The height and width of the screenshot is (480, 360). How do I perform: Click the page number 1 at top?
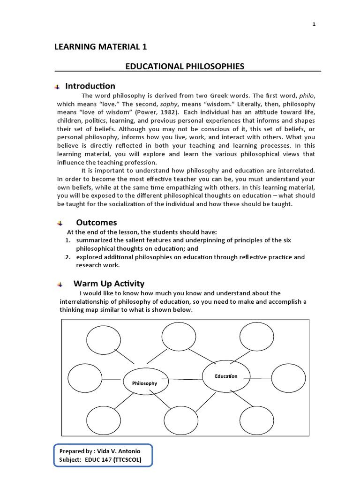click(x=314, y=25)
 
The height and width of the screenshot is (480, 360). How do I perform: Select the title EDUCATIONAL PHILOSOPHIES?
click(x=185, y=66)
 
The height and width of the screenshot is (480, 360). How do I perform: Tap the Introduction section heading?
click(x=90, y=86)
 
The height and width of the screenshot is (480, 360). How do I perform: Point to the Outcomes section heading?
click(x=97, y=222)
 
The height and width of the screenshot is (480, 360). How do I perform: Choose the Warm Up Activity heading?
click(x=109, y=284)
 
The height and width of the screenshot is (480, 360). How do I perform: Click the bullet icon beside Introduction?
click(x=57, y=87)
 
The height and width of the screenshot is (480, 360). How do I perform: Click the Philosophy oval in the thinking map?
click(x=144, y=383)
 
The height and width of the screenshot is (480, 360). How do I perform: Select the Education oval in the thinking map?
click(x=226, y=376)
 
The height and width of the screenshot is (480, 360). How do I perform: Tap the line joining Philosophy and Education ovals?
click(x=185, y=379)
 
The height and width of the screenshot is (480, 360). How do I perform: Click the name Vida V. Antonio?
click(x=116, y=451)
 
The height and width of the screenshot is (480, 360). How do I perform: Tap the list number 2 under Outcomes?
click(x=68, y=257)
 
